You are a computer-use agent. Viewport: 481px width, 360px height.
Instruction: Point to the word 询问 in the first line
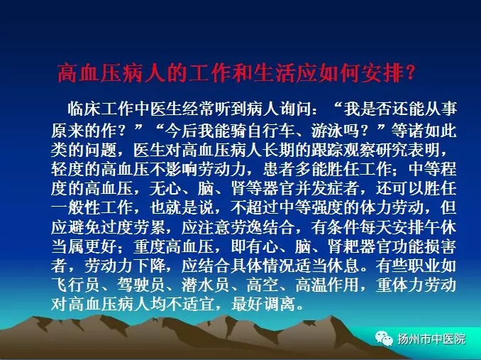[296, 109]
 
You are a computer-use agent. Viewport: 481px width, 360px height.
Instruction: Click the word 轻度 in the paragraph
[67, 169]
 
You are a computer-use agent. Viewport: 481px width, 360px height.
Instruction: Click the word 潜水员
[206, 285]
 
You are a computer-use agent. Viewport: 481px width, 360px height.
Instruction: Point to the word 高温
[311, 285]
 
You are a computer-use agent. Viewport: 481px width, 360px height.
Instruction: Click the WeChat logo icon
[383, 339]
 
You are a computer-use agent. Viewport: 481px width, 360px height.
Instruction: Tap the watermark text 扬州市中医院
[431, 339]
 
